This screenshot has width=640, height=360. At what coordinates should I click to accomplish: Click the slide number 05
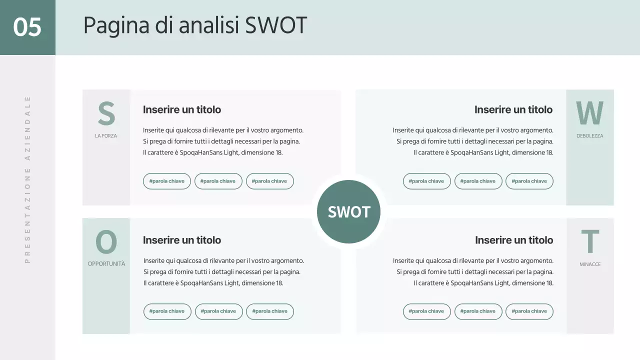(27, 27)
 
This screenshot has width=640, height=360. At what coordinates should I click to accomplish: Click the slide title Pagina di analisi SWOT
(194, 25)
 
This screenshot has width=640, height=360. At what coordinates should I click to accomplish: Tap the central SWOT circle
(348, 212)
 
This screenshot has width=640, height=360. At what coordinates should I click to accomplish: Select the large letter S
(106, 114)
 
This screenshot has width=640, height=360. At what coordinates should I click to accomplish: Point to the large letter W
(589, 113)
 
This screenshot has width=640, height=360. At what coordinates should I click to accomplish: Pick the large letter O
(106, 242)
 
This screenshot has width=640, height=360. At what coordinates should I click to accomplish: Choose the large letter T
(590, 242)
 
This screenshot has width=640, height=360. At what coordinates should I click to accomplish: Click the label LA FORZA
(106, 136)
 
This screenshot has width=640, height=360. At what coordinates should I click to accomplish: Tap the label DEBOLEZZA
(590, 136)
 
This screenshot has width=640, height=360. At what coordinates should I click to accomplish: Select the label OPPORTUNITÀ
(106, 264)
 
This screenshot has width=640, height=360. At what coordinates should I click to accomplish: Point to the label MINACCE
(590, 264)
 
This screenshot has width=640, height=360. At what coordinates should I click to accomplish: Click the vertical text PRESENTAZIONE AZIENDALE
(27, 179)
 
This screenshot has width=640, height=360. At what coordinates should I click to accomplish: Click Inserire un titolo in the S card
(182, 109)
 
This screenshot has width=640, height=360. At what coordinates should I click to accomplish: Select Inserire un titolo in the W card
(513, 109)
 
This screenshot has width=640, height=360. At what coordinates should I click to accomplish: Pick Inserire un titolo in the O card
(182, 240)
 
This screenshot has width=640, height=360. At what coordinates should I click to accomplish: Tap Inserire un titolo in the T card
(514, 240)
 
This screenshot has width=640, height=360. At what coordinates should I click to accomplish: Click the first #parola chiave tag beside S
(166, 181)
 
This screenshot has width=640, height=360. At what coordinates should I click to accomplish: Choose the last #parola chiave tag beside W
(529, 181)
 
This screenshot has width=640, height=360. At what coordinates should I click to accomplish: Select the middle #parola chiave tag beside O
(218, 311)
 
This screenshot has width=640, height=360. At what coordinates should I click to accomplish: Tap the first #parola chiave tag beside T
(426, 311)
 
